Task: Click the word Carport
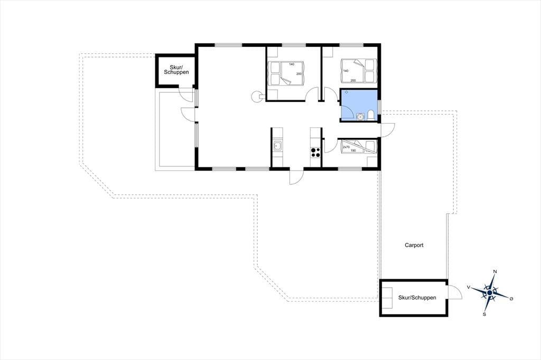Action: (x=414, y=245)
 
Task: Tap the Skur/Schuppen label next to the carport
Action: (x=417, y=298)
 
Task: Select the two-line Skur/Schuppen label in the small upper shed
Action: (x=176, y=70)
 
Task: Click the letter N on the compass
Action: (x=495, y=271)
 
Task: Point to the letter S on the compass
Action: (x=484, y=314)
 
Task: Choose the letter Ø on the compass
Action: (x=511, y=299)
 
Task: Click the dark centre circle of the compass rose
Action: (x=490, y=293)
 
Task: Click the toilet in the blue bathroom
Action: (x=370, y=115)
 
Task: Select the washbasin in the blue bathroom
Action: (x=360, y=117)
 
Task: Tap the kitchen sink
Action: (x=277, y=146)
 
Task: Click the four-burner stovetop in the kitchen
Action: (x=315, y=153)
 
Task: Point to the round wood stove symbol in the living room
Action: (x=256, y=96)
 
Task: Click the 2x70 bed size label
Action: (x=346, y=147)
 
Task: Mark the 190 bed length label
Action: (x=353, y=150)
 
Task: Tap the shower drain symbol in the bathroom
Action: (x=347, y=92)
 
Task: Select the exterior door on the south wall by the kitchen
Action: (x=296, y=177)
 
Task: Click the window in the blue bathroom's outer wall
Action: (x=379, y=106)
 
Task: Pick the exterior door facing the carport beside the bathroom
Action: (x=387, y=130)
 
